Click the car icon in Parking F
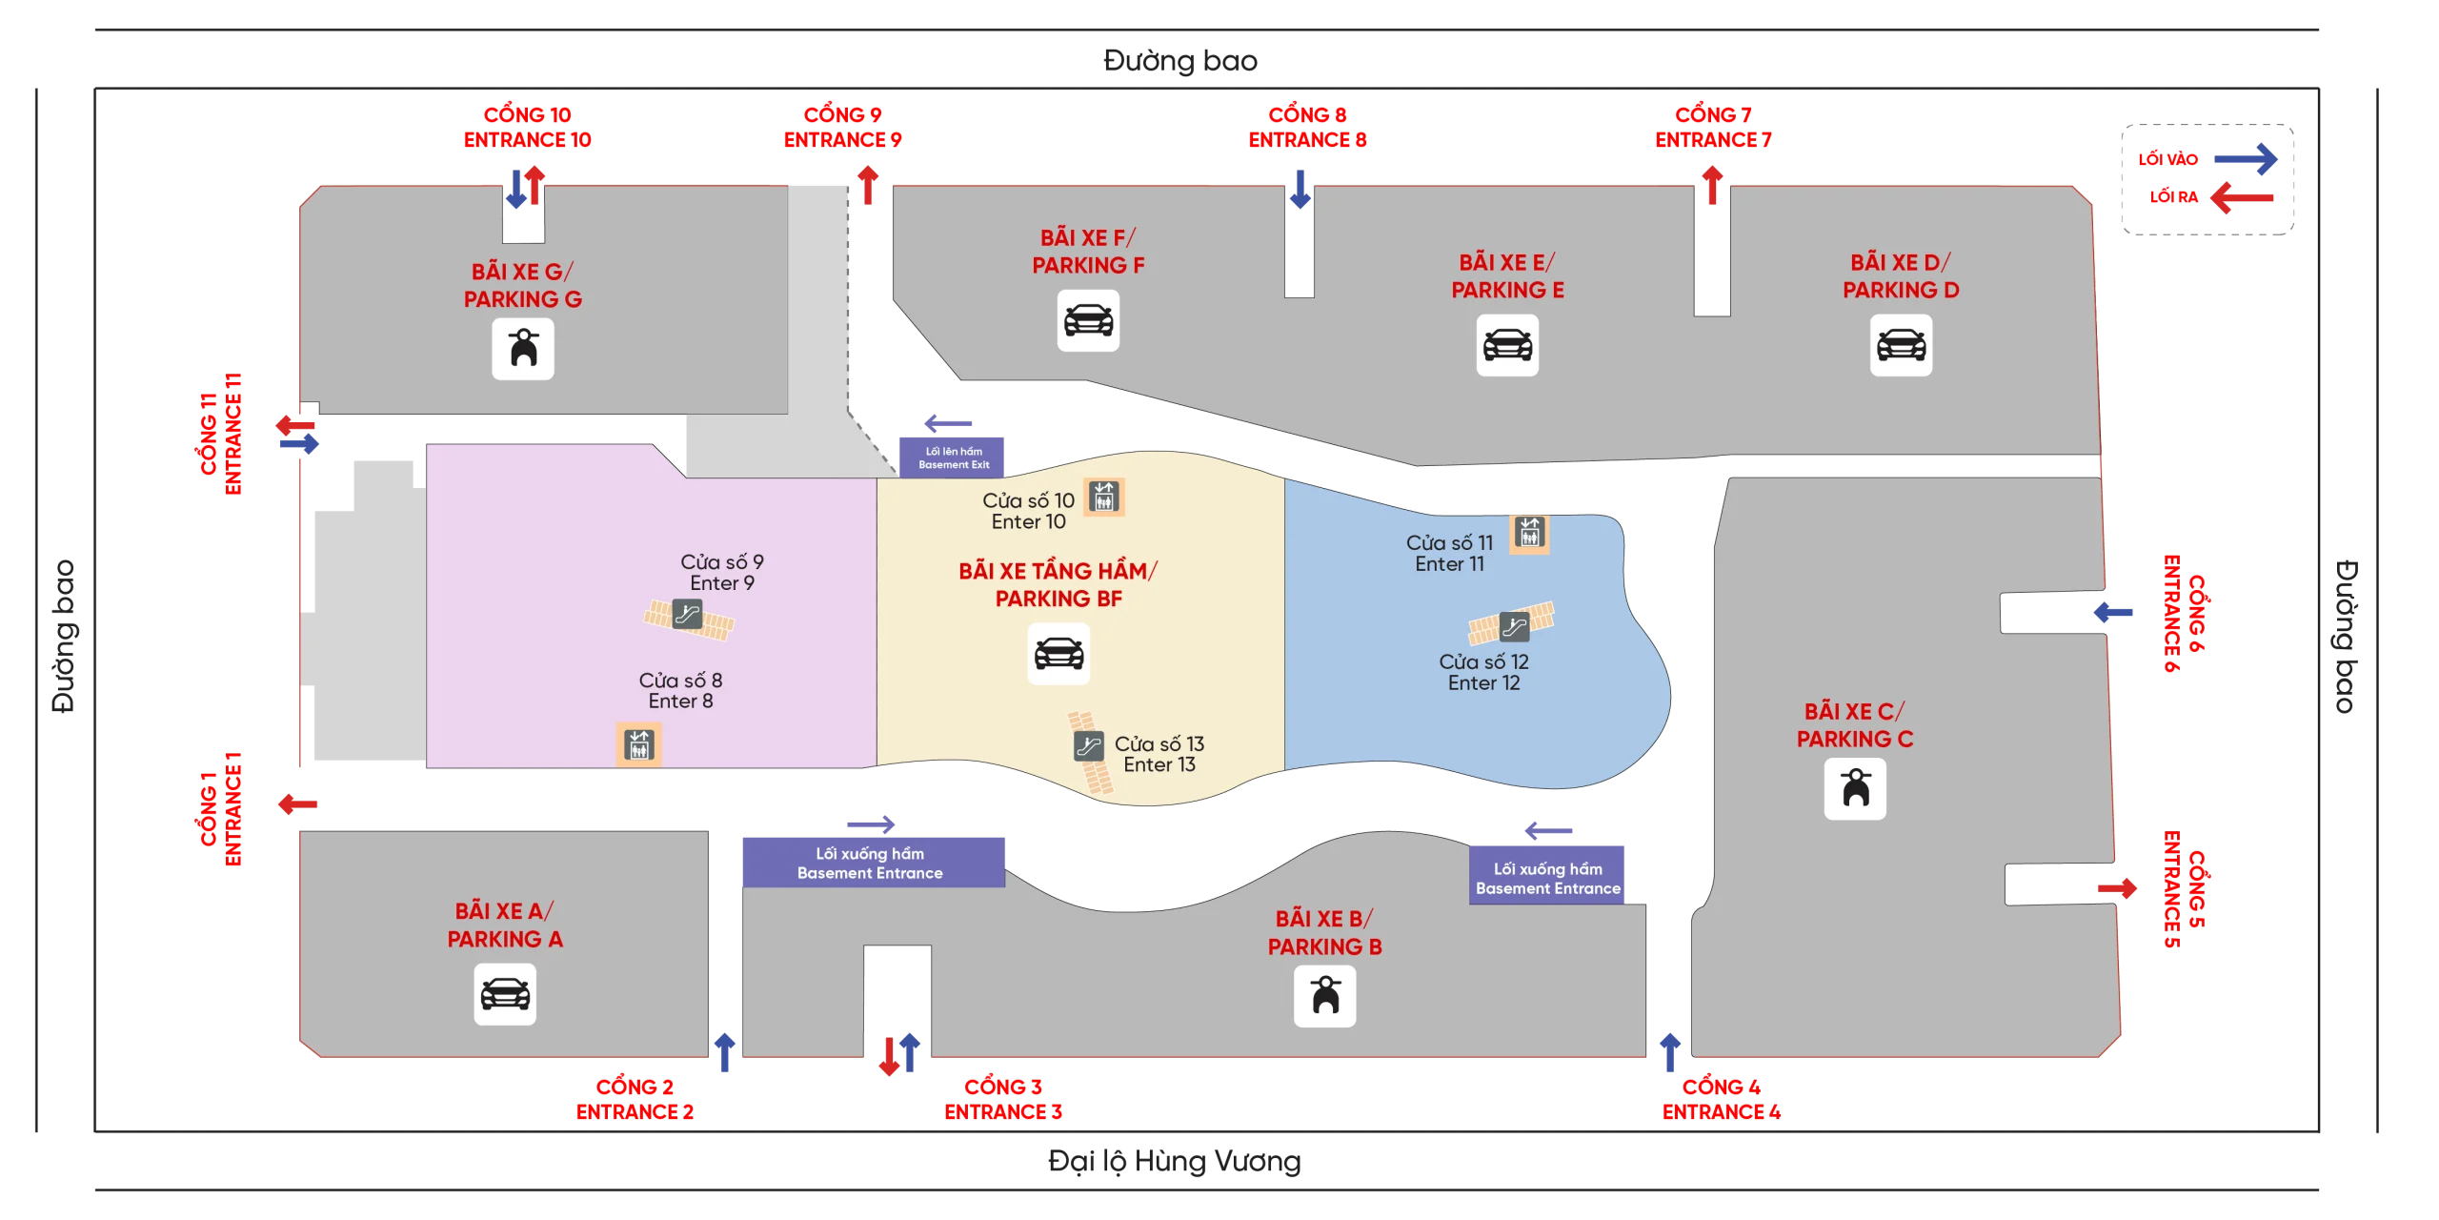point(1088,320)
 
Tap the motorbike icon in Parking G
point(523,349)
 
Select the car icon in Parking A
point(505,994)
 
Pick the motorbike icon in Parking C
point(1855,788)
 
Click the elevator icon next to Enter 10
point(1104,497)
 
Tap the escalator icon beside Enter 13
point(1088,745)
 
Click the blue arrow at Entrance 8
point(1300,189)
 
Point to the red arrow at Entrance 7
point(1712,185)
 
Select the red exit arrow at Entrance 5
point(2117,888)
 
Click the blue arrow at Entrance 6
point(2113,612)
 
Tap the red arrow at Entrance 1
point(297,804)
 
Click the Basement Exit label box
point(952,457)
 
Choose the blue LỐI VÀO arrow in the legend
point(2246,158)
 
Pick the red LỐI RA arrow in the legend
point(2242,197)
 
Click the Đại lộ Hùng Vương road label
point(1174,1161)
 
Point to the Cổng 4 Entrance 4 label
point(1721,1099)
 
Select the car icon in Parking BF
point(1058,654)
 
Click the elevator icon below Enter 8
point(638,744)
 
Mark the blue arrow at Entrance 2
point(725,1052)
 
